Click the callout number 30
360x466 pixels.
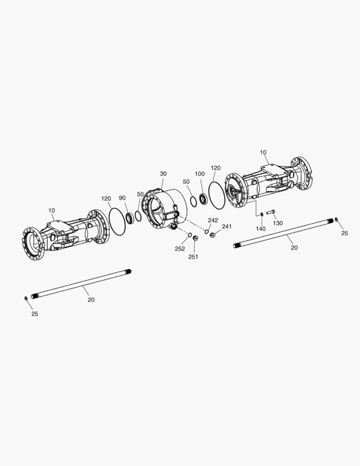click(x=163, y=173)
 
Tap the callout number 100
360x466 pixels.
click(x=200, y=174)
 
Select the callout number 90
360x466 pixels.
click(x=122, y=198)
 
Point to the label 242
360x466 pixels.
click(x=213, y=220)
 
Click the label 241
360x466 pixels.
click(x=227, y=227)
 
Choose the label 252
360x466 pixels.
click(x=180, y=249)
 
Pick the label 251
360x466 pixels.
click(x=193, y=257)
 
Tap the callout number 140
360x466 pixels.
click(x=260, y=229)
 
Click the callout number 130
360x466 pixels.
click(x=278, y=223)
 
